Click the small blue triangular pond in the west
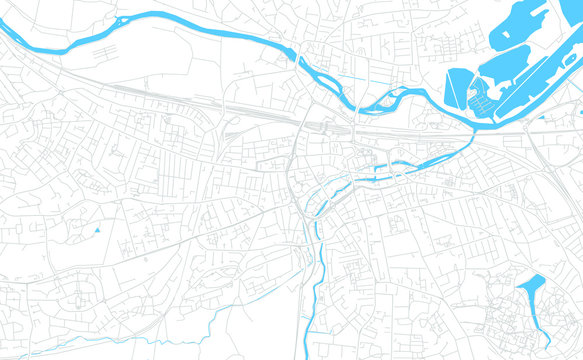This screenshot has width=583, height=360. point(98,231)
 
